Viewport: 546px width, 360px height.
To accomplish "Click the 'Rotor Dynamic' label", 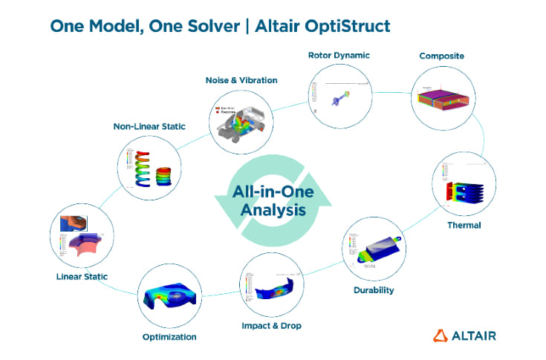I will click(x=339, y=55).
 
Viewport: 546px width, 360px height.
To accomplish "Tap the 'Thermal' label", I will click(x=464, y=225).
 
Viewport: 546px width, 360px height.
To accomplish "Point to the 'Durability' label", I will click(x=374, y=289).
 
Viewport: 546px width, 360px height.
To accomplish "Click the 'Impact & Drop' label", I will click(x=271, y=326).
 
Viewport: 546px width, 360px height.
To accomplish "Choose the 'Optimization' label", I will click(x=169, y=337).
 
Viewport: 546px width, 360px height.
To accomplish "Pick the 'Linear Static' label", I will click(x=82, y=277).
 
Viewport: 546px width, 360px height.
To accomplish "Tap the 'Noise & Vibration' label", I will click(x=241, y=79).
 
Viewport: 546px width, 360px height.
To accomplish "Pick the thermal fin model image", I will click(x=459, y=189).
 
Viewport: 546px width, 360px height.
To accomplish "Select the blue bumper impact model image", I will click(x=270, y=289).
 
